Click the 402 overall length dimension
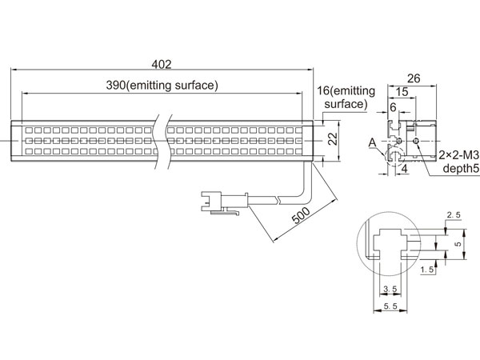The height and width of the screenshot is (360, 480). [x=162, y=64]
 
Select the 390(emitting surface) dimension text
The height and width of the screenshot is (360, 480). [x=162, y=85]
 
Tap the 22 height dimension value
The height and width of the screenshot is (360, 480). [x=333, y=138]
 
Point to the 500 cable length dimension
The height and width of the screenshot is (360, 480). [x=301, y=215]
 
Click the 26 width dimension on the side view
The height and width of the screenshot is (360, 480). [x=414, y=78]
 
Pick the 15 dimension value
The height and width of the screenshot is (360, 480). [x=402, y=92]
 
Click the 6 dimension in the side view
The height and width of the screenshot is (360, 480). [x=393, y=107]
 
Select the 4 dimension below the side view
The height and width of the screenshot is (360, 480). [x=404, y=169]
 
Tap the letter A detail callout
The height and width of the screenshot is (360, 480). [x=372, y=142]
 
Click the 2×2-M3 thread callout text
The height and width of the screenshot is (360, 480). [x=459, y=155]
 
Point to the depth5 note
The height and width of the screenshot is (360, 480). [x=461, y=168]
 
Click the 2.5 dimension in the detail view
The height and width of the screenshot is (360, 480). [x=454, y=215]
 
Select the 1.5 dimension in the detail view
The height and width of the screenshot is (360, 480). [x=427, y=270]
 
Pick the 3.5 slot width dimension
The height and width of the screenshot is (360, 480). [x=390, y=289]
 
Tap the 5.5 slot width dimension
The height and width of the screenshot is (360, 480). [x=390, y=306]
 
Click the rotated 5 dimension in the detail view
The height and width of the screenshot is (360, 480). [x=458, y=244]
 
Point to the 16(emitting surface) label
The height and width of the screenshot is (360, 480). [x=346, y=98]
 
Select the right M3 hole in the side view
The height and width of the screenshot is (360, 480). [x=416, y=141]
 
